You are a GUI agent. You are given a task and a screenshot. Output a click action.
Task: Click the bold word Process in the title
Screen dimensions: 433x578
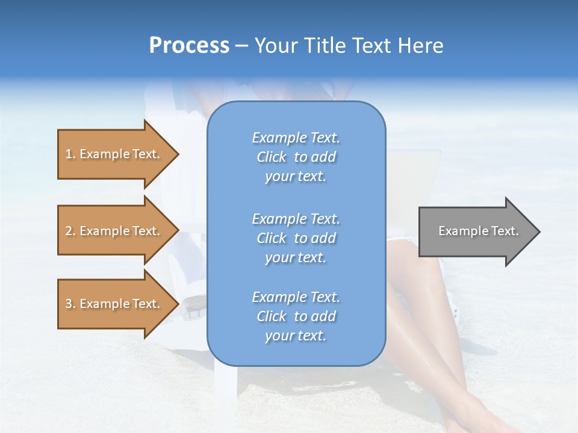pos(189,46)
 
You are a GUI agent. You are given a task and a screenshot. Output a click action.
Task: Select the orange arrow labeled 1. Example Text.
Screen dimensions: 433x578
pos(114,154)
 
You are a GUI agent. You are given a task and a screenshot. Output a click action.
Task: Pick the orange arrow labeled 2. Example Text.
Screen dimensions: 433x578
pos(114,231)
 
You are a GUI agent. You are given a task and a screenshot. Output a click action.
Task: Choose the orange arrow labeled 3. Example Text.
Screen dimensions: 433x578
pos(114,304)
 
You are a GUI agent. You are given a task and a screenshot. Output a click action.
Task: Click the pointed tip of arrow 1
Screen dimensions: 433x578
pos(177,154)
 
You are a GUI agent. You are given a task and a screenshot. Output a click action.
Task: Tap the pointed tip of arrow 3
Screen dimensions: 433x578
pos(177,304)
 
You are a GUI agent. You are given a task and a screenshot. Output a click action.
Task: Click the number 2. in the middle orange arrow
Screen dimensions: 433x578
pos(70,231)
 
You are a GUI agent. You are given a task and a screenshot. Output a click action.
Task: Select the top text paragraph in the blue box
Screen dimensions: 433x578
pos(296,157)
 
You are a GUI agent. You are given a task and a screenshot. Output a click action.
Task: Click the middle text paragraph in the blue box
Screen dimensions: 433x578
pos(296,238)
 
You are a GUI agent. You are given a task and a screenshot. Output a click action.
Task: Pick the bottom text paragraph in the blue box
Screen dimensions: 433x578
pos(296,316)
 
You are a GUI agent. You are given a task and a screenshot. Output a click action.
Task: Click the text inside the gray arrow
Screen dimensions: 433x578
pos(478,231)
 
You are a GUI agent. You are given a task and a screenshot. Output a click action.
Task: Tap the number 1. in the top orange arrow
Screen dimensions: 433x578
pos(70,154)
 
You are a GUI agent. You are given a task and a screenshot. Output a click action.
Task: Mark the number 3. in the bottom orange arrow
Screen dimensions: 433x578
pos(70,304)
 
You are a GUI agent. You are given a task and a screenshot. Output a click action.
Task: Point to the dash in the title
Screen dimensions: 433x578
pos(241,46)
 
